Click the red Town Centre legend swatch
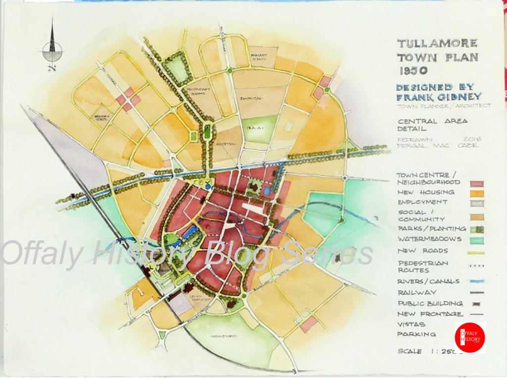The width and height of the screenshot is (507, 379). coord(477,183)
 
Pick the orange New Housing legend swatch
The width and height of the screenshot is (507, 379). coord(477,193)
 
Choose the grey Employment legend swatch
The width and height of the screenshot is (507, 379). coord(477,203)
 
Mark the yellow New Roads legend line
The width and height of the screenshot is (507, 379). coord(476,252)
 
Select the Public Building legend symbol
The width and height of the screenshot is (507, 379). coord(476,304)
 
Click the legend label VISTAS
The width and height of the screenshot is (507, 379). coord(409,324)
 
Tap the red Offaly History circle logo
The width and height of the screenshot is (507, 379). coord(469,338)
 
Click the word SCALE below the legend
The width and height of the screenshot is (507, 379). coord(410,351)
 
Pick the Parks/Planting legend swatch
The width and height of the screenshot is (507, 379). coord(477,229)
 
